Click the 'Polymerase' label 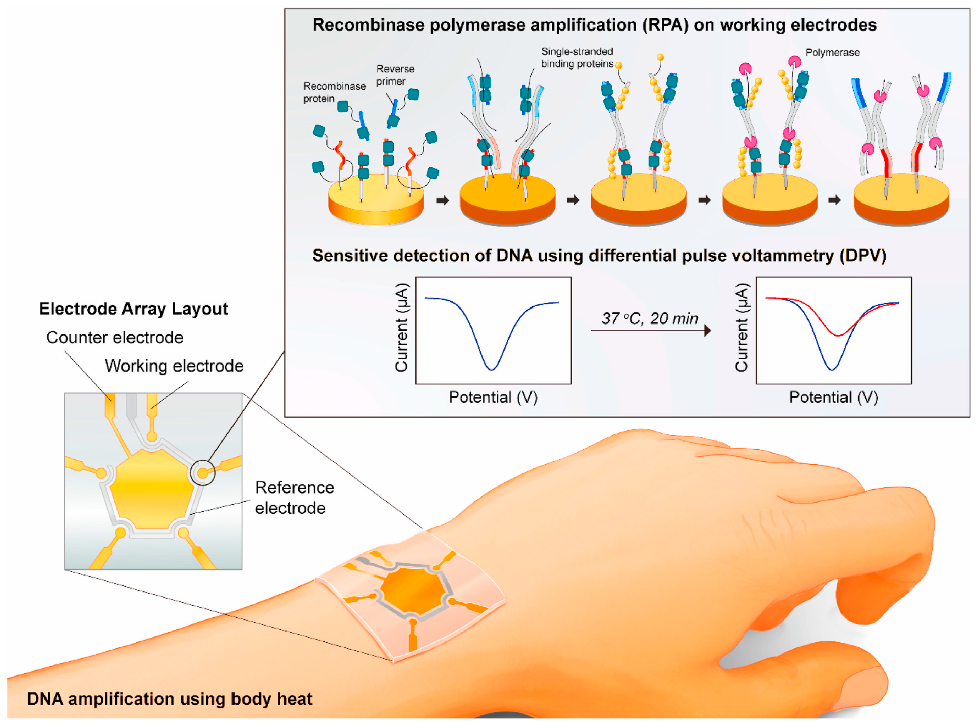pos(832,52)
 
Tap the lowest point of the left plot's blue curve pos(491,369)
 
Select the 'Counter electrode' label pos(115,338)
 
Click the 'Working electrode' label pos(174,366)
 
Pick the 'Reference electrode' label pos(294,498)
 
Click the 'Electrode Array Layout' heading pos(134,309)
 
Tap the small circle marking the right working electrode pos(203,473)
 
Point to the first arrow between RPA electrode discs pos(442,201)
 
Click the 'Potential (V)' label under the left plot pos(493,397)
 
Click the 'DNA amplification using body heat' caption pos(169,699)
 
